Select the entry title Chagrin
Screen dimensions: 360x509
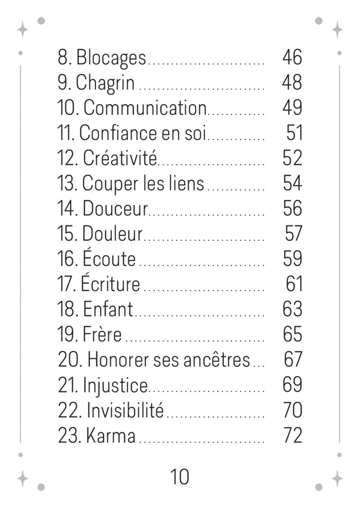tap(105, 83)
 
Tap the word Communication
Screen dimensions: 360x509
tap(145, 108)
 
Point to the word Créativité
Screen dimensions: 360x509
tap(120, 158)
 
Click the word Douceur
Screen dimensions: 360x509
tap(115, 209)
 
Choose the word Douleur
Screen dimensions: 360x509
tap(112, 234)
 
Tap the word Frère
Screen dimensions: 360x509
tap(102, 334)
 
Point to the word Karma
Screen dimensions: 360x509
tap(111, 435)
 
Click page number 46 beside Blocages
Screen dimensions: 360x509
tap(292, 57)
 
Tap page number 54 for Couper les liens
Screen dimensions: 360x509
tap(293, 183)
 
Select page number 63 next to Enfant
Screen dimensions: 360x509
tap(293, 309)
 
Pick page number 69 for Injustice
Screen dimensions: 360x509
tap(293, 384)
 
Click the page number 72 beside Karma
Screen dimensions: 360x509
tap(293, 435)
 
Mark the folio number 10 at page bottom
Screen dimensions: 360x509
tap(179, 477)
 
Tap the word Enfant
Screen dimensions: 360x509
tap(108, 309)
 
